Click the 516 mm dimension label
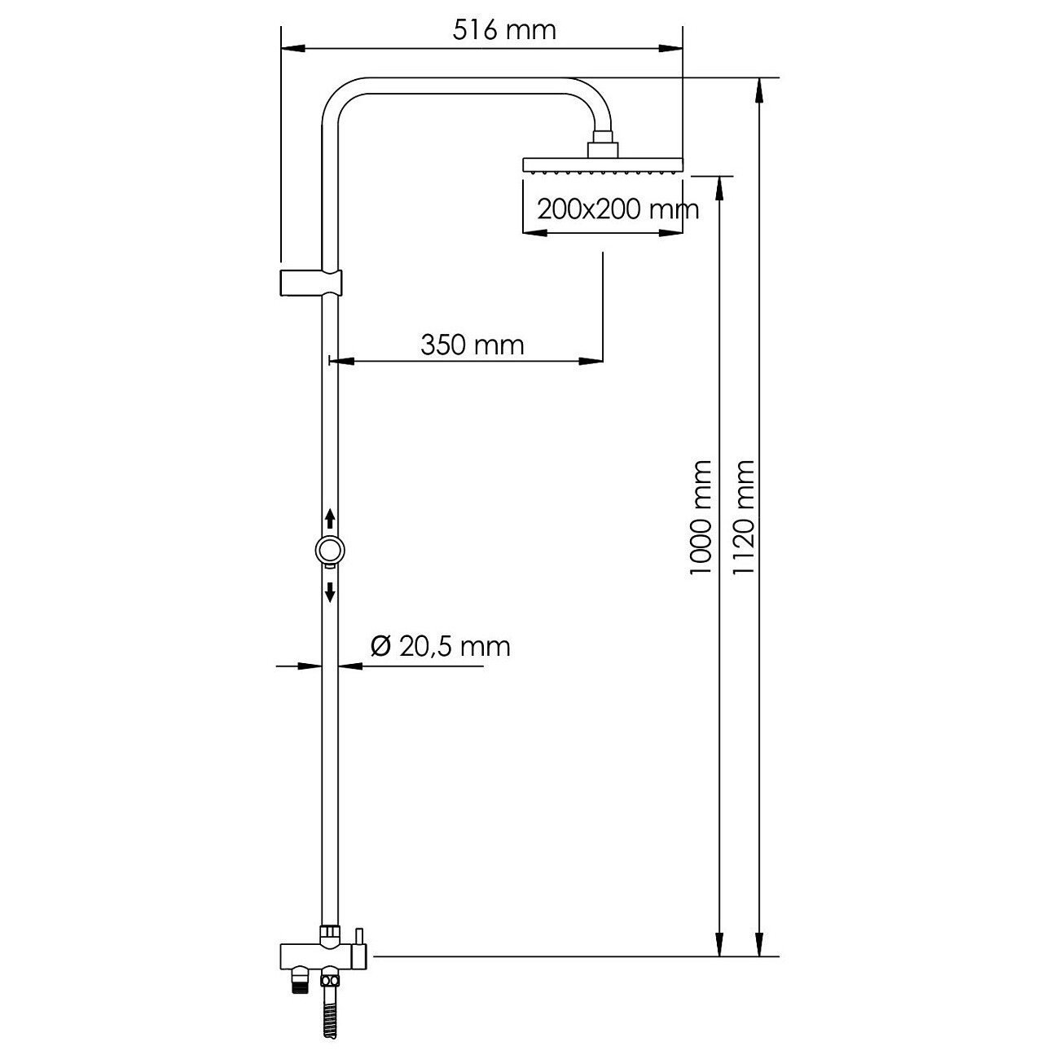504,30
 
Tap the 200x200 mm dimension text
617,209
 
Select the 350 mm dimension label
472,345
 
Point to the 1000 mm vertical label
701,517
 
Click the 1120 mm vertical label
743,517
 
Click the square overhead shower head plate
602,165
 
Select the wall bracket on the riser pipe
311,283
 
